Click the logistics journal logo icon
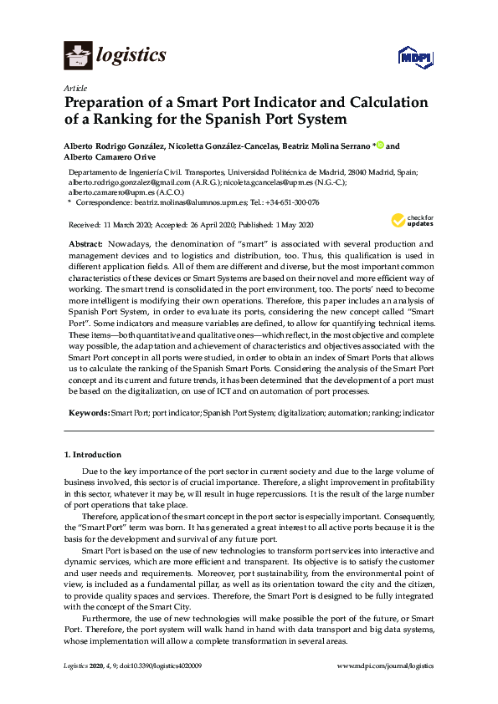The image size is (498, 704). coord(78,56)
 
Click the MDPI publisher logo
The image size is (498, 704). coord(415,57)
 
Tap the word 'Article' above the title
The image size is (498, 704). coord(72,88)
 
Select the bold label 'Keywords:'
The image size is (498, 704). coord(88,413)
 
